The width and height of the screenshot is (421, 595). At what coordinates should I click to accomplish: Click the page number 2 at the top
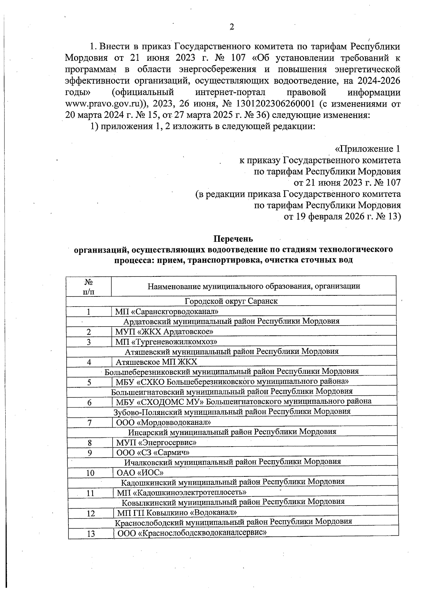click(232, 27)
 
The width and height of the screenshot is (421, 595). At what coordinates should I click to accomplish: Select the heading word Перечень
click(233, 239)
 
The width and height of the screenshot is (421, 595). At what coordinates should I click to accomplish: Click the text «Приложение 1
click(368, 149)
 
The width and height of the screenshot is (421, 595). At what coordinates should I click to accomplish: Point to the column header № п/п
click(89, 286)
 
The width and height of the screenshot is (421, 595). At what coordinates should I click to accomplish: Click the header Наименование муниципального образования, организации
click(254, 286)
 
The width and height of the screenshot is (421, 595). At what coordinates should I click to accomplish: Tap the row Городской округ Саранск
click(231, 301)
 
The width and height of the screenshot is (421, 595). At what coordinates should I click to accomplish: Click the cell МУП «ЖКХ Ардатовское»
click(165, 332)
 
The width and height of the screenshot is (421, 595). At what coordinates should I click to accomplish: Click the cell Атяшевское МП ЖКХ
click(156, 362)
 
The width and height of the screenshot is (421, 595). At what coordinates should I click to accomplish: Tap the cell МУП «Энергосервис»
click(156, 443)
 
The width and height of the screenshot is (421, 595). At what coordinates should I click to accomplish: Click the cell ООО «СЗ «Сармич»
click(153, 453)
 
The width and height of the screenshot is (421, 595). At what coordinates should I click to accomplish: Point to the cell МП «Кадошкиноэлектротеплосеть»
click(182, 493)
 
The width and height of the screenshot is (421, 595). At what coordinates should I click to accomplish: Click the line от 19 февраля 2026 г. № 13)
click(342, 216)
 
